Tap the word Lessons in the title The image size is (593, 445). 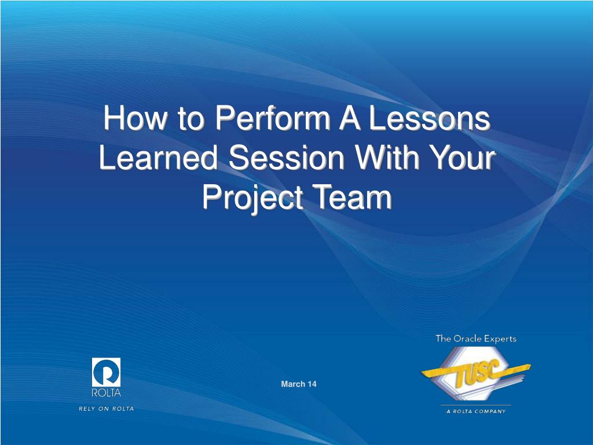click(x=429, y=120)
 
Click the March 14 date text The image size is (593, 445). click(x=299, y=384)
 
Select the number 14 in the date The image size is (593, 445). click(x=312, y=384)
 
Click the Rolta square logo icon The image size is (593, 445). click(x=107, y=372)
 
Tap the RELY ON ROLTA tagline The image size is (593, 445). click(x=107, y=408)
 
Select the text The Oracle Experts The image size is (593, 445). click(x=475, y=339)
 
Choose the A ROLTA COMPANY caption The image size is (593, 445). click(x=475, y=411)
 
